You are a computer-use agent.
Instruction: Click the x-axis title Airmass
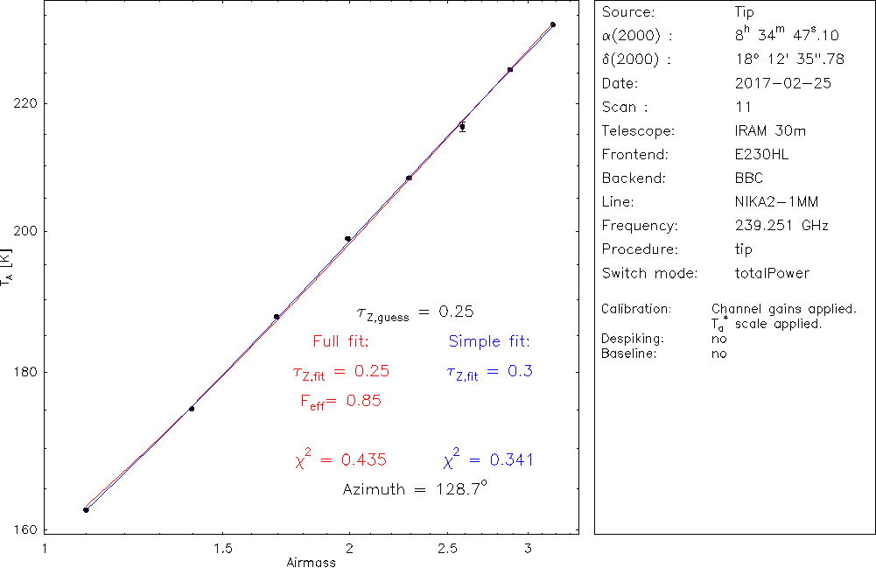311,562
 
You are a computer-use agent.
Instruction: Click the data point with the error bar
462,127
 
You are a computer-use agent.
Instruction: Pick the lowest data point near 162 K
86,509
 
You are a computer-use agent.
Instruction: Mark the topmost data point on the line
552,25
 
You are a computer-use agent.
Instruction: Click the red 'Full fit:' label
340,340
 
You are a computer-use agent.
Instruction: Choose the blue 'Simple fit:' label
489,340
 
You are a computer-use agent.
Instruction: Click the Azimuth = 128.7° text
414,489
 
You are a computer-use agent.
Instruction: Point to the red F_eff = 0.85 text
340,401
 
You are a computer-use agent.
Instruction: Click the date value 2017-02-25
783,84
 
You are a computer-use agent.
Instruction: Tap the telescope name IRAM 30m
770,131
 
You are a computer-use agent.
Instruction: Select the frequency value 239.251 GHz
781,226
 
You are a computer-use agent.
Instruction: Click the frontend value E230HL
761,155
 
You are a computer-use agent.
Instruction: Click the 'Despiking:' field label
633,338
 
